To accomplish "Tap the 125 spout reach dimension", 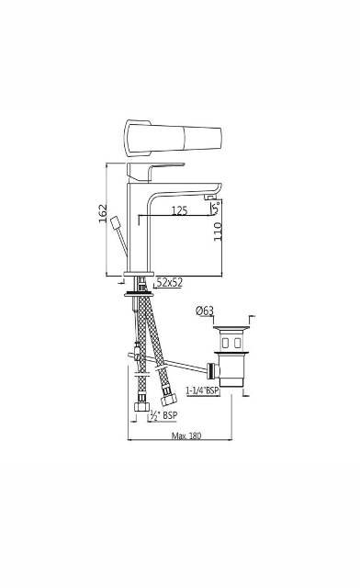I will (179, 210).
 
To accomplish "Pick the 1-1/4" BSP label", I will (202, 390).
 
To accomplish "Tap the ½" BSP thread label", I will (163, 414).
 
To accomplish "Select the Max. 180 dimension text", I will (187, 435).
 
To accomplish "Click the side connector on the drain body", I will (214, 371).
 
